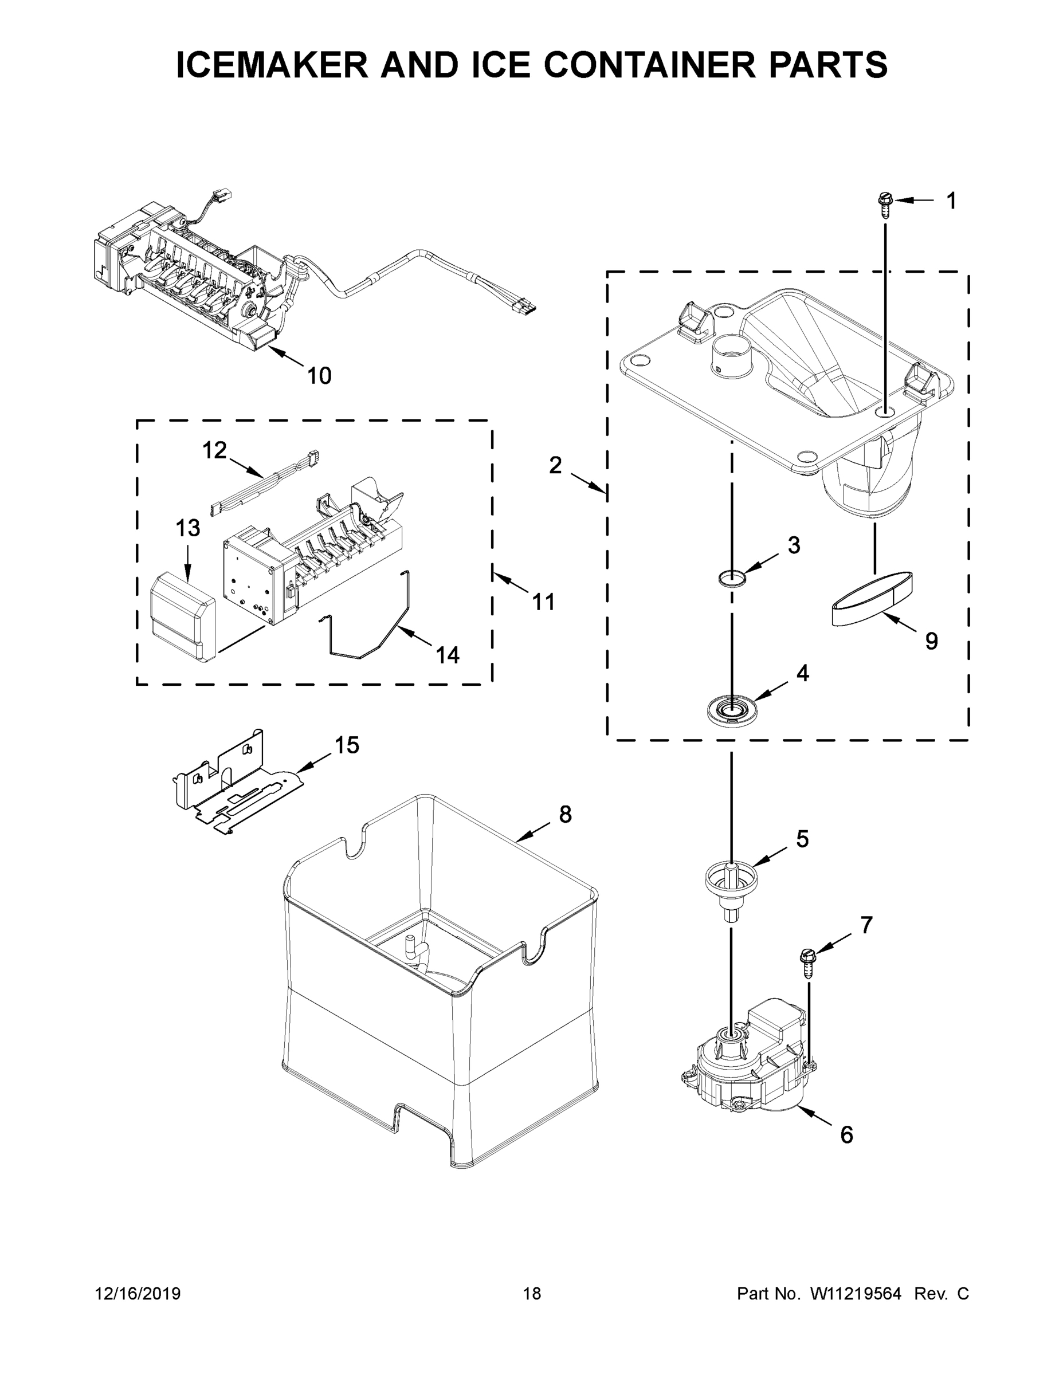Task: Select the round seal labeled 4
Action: pyautogui.click(x=731, y=709)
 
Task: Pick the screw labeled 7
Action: pyautogui.click(x=807, y=965)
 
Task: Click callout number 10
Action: pyautogui.click(x=319, y=376)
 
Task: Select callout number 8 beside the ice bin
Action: pyautogui.click(x=565, y=814)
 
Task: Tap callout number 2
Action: pyautogui.click(x=555, y=465)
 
